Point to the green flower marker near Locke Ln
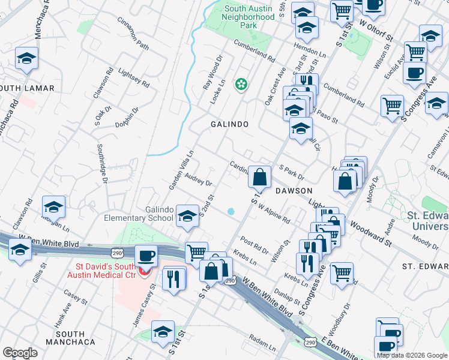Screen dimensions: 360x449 click(241, 85)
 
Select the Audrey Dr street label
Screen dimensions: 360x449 click(199, 179)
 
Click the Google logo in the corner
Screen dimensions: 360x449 click(20, 353)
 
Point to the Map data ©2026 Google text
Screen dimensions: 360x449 click(412, 355)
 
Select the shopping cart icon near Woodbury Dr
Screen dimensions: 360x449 click(342, 272)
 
